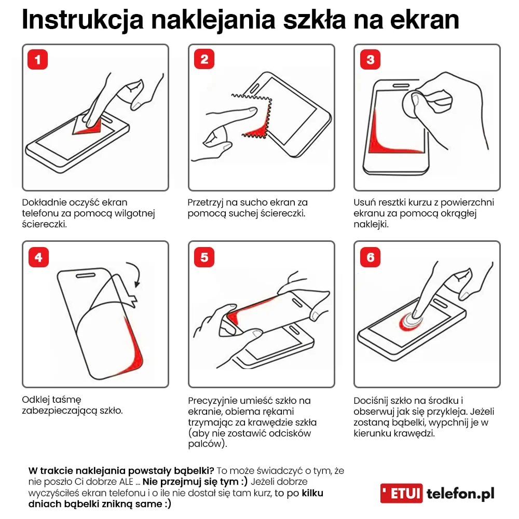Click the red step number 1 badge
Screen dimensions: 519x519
point(37,60)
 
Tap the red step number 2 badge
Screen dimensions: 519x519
point(204,60)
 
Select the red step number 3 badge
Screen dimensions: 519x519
point(370,60)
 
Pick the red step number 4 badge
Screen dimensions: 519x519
point(37,256)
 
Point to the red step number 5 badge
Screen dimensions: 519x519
point(204,256)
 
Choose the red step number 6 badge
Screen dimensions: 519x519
point(370,256)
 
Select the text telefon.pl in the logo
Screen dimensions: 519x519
point(460,494)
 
